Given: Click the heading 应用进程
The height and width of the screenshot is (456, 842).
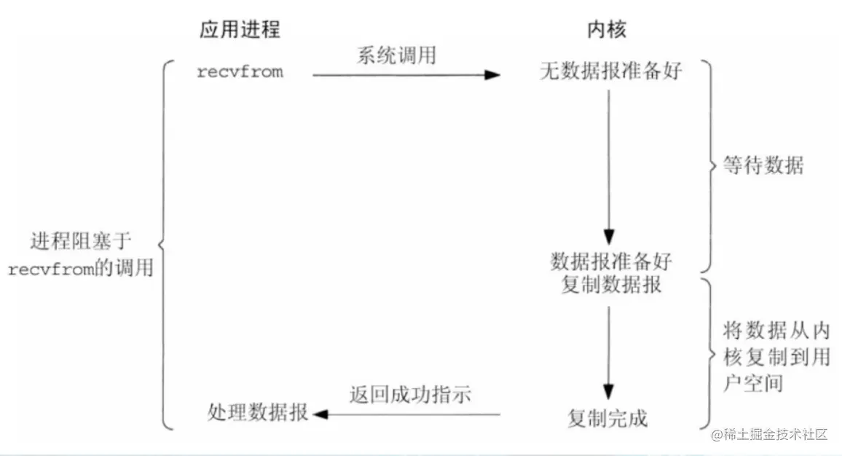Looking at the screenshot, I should [x=240, y=29].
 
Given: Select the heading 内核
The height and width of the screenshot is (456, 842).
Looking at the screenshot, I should [x=607, y=29].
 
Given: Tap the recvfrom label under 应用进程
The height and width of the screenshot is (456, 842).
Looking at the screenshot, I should [x=240, y=72].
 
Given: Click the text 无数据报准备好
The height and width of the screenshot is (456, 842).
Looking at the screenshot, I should [x=611, y=71].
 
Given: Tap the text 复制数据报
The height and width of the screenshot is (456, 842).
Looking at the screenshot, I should [x=612, y=284].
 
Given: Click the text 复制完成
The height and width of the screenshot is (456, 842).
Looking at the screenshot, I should [x=607, y=417].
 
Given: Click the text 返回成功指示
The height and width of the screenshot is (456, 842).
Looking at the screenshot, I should [x=411, y=395].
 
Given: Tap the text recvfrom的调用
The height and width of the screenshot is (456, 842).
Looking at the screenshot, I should [x=81, y=267].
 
